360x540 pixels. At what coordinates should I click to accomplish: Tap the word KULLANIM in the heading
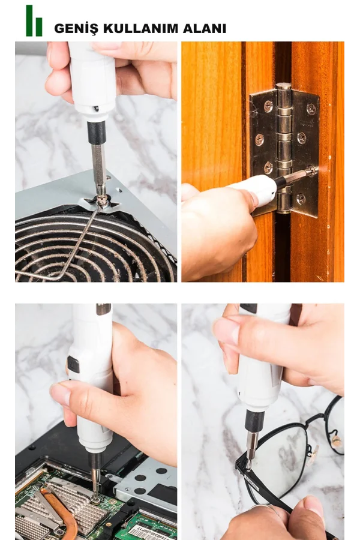tap(140, 28)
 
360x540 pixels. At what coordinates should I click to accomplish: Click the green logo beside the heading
tap(34, 20)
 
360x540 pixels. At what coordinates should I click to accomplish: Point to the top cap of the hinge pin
tap(284, 86)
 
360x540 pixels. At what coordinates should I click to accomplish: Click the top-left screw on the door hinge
tap(268, 106)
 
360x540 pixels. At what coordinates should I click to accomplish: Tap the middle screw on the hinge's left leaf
tap(259, 139)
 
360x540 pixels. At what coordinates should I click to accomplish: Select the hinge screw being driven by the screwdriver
tap(312, 170)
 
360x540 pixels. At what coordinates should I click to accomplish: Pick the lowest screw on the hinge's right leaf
tap(301, 198)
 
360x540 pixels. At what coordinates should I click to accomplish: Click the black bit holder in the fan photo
tap(96, 133)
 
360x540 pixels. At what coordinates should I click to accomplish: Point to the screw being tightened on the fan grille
tap(102, 200)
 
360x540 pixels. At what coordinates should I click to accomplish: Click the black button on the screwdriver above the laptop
tap(73, 364)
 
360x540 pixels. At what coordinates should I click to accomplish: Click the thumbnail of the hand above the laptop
tap(60, 394)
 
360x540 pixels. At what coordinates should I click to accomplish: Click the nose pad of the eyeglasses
tap(336, 441)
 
